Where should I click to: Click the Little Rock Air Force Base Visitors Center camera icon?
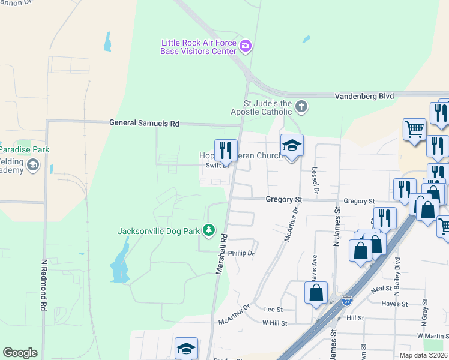[245, 46]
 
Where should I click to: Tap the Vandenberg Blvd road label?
[364, 95]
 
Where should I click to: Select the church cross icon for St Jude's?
[301, 107]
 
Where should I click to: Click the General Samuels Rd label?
[144, 123]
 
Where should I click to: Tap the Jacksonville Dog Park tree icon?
[209, 230]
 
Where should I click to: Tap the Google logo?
[20, 352]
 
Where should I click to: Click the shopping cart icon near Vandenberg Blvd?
[414, 128]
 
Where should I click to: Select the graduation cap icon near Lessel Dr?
[292, 145]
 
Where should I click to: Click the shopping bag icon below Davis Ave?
[316, 293]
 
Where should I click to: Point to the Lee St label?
[273, 309]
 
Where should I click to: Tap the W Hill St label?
[274, 323]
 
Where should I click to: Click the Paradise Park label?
[25, 149]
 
